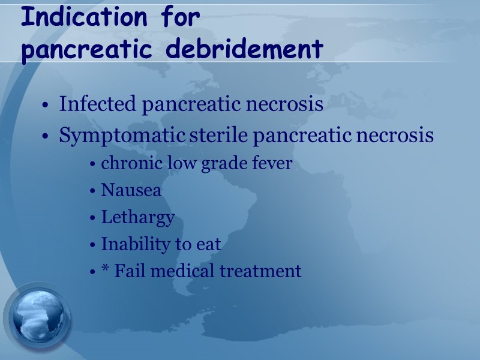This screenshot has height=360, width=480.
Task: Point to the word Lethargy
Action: pos(138,217)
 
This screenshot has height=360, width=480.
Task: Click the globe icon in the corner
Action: pos(37,318)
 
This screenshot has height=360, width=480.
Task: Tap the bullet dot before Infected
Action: pos(46,106)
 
